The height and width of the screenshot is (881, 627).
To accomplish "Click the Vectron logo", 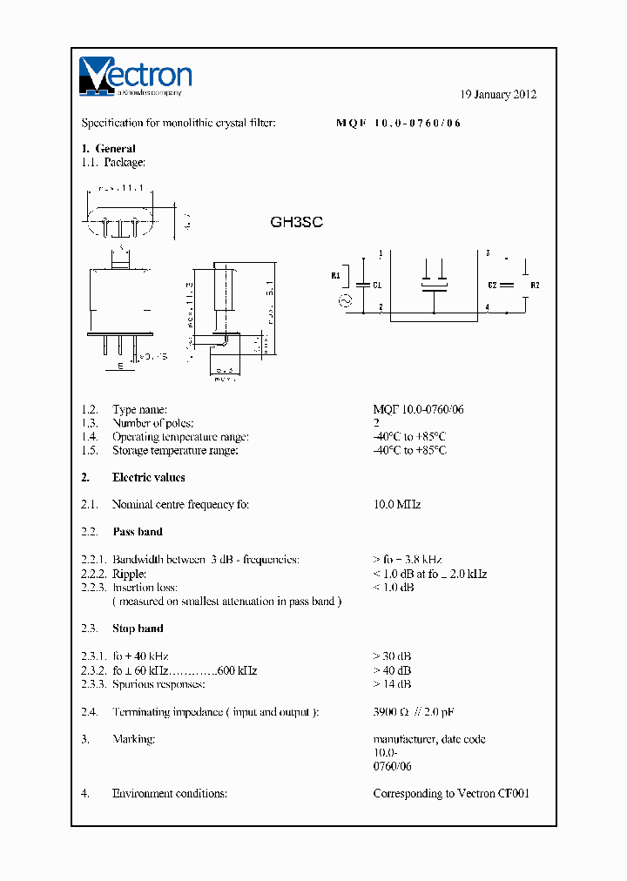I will [135, 76].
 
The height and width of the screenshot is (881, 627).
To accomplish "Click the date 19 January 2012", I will [497, 95].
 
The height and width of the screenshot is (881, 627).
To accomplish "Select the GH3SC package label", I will [296, 222].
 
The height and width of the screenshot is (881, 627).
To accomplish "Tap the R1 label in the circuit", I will [337, 276].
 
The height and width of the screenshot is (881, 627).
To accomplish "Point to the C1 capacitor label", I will [377, 285].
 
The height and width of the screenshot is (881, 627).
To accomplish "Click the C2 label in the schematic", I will [493, 285].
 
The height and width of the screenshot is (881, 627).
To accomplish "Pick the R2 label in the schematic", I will [535, 285].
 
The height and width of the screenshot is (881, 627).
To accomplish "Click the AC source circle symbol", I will [344, 301].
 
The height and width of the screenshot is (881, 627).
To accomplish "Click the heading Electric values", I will [148, 477].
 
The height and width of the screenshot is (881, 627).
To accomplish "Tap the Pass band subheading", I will [137, 531].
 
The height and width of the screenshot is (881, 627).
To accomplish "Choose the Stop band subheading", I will [138, 628].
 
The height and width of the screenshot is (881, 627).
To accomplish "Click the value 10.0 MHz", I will [397, 504].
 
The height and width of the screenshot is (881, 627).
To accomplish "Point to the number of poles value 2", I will [376, 423].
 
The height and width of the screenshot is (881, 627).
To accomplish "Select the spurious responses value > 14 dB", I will [392, 684].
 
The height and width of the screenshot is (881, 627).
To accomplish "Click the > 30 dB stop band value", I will [392, 656].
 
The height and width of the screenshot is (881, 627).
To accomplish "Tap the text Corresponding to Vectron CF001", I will [450, 793].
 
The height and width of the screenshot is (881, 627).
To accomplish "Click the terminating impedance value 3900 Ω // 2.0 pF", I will [413, 712].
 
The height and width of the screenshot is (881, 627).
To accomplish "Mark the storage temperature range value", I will [409, 450].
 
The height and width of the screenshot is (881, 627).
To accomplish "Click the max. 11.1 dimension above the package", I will [121, 188].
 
